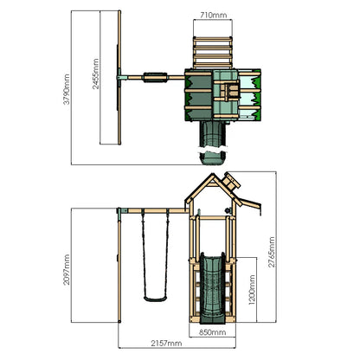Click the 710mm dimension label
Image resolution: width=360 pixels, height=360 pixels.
[x=214, y=15]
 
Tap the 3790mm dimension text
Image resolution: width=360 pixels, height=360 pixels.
[x=67, y=89]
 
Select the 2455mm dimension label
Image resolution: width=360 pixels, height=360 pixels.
[x=95, y=74]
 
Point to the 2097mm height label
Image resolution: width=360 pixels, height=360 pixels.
[x=67, y=270]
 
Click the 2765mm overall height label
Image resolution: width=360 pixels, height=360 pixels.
[x=272, y=252]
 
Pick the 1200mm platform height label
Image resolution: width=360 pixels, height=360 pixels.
[x=252, y=290]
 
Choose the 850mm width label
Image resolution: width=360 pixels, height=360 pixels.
[x=213, y=332]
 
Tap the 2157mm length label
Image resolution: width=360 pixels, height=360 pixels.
[x=166, y=344]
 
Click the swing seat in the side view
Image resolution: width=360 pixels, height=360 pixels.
[x=156, y=299]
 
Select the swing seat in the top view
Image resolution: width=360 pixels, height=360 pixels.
[x=156, y=77]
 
